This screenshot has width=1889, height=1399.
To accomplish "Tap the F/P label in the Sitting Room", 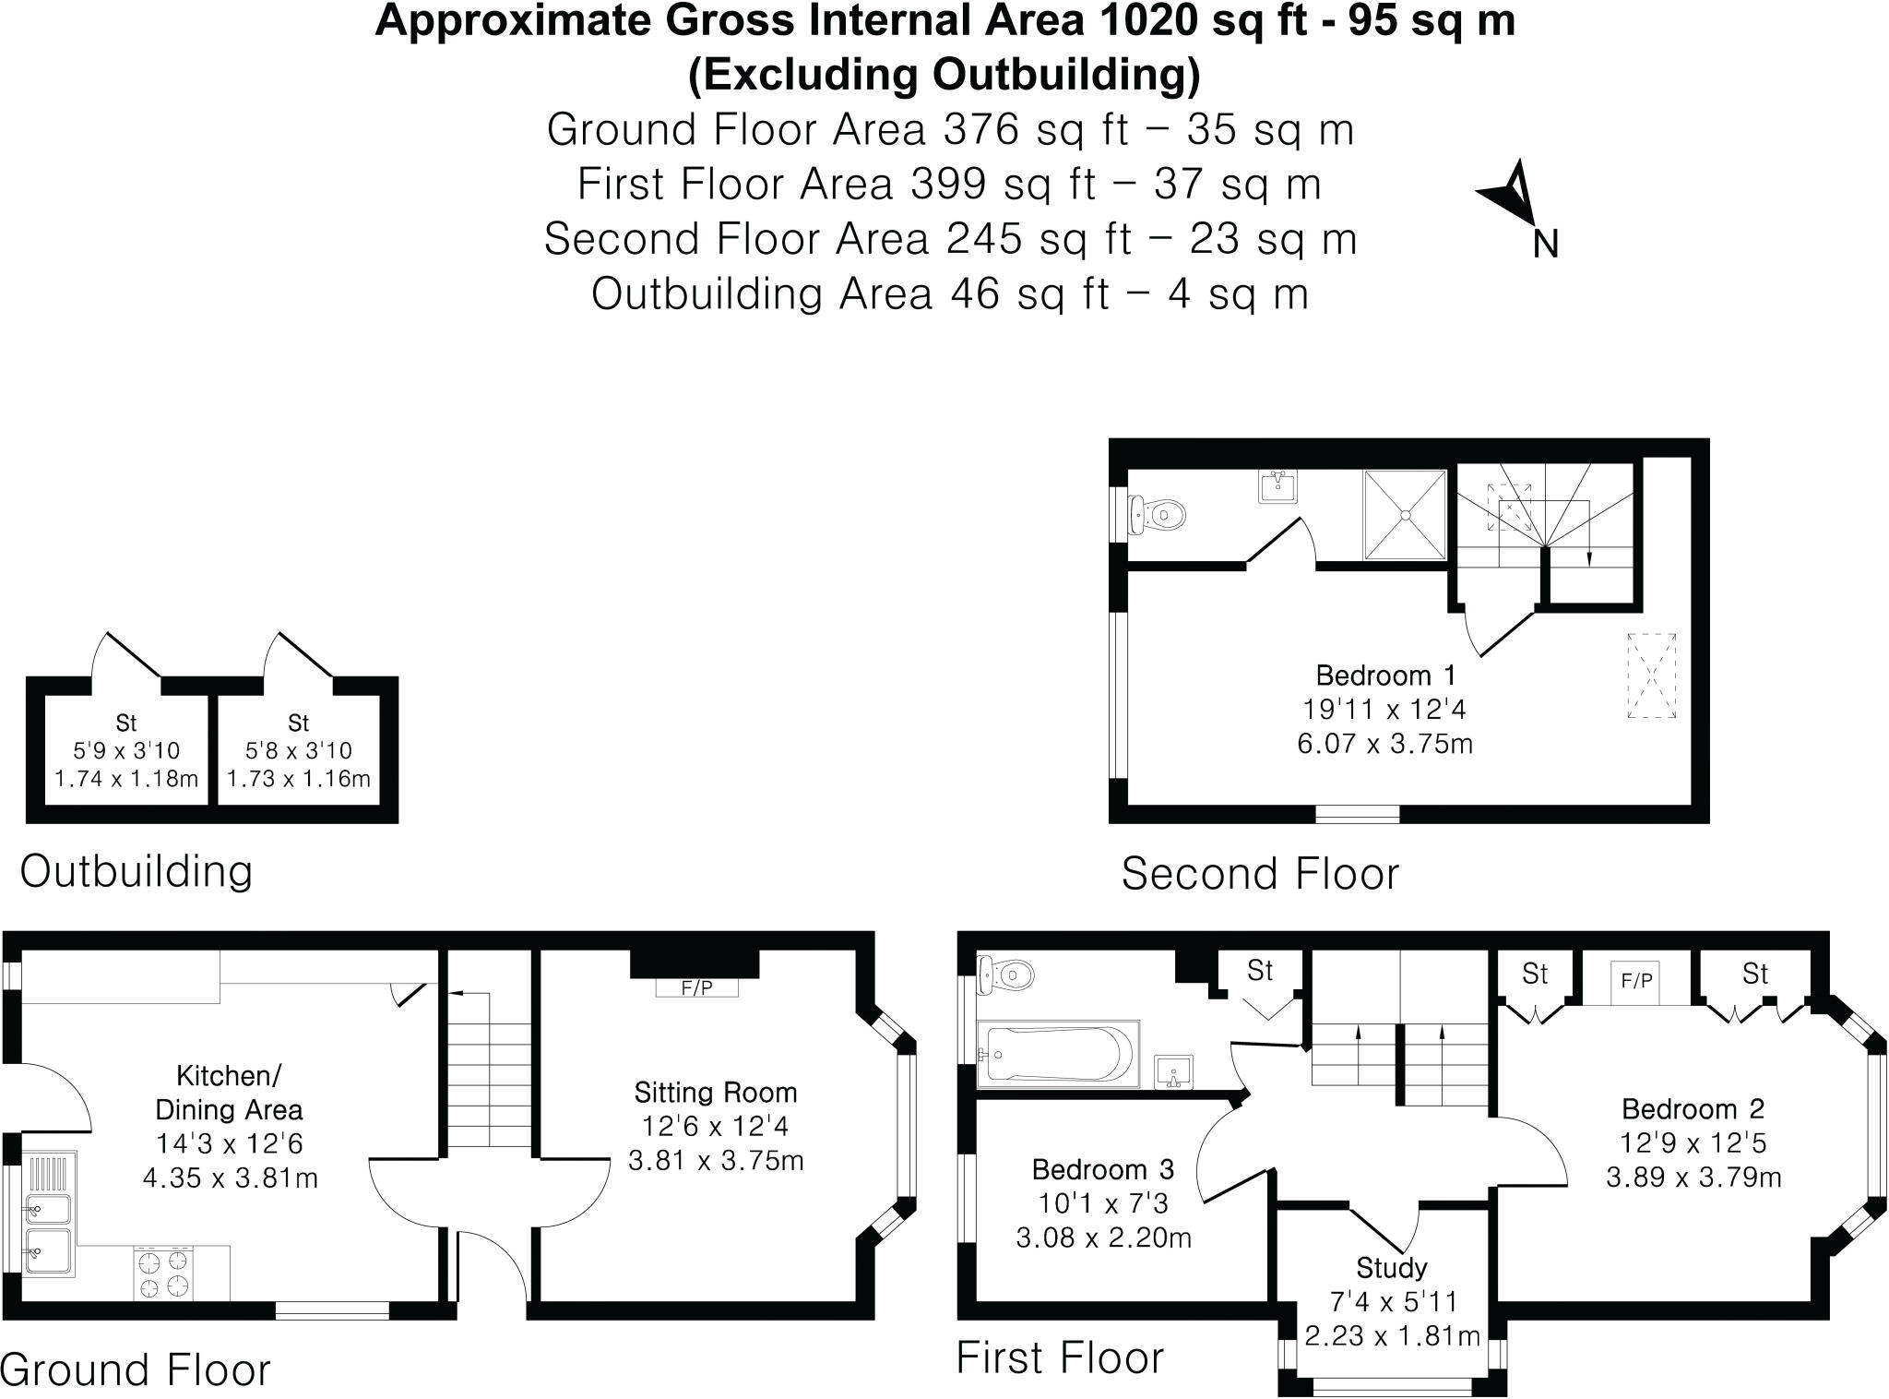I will tap(696, 987).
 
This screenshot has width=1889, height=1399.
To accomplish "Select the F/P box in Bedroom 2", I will tap(1636, 981).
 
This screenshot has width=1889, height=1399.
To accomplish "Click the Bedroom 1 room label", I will tap(1384, 676).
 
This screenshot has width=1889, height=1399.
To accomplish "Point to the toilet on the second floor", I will tap(1157, 513).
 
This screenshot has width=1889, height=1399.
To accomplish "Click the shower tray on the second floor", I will tap(1405, 515).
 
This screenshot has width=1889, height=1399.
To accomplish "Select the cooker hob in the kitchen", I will tap(164, 1273).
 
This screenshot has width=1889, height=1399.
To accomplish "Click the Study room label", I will tap(1391, 1268).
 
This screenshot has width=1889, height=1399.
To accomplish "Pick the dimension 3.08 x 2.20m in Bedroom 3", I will tap(1103, 1238).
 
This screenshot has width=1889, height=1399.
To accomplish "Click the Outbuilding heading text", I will tap(137, 871).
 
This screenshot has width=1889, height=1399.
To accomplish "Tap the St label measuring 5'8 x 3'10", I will tap(298, 723).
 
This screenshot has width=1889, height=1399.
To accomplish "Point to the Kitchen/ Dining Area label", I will tap(229, 1093).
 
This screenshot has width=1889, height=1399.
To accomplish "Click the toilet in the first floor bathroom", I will tap(1005, 975).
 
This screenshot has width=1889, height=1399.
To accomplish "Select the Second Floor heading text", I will tap(1259, 874).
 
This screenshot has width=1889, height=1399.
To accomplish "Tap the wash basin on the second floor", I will tap(1278, 486).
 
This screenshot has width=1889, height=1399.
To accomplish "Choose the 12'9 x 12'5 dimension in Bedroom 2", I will tap(1693, 1143).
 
